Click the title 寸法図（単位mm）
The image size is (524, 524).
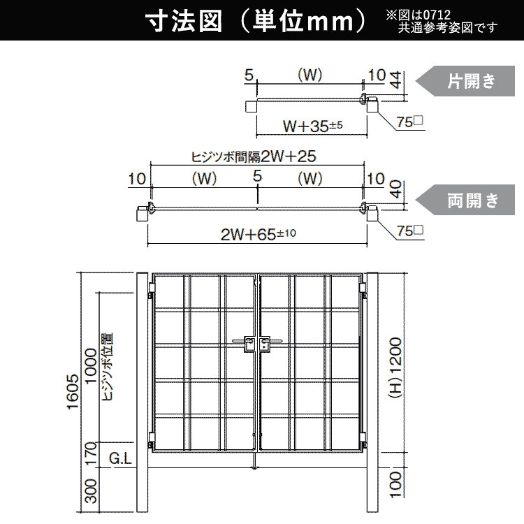point(256,22)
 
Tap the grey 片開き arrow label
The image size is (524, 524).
point(465,81)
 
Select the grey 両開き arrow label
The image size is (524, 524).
point(465,200)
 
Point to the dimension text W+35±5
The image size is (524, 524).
point(312,126)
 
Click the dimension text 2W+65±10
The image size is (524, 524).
point(259,234)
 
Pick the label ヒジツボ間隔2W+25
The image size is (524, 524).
point(254,157)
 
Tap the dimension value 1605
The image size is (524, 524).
point(73,391)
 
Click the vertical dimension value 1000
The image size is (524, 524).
point(91,366)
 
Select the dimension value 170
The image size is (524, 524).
point(91,453)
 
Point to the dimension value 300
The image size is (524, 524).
point(91,491)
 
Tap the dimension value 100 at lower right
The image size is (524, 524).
point(395,485)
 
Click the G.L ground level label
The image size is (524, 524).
point(120,458)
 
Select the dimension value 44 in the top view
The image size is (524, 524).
point(396,80)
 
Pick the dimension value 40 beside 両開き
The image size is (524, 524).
point(396,189)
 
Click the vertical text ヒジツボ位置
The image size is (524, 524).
point(108,366)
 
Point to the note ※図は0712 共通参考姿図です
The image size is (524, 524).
point(442,22)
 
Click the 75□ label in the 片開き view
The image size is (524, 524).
point(410,122)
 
